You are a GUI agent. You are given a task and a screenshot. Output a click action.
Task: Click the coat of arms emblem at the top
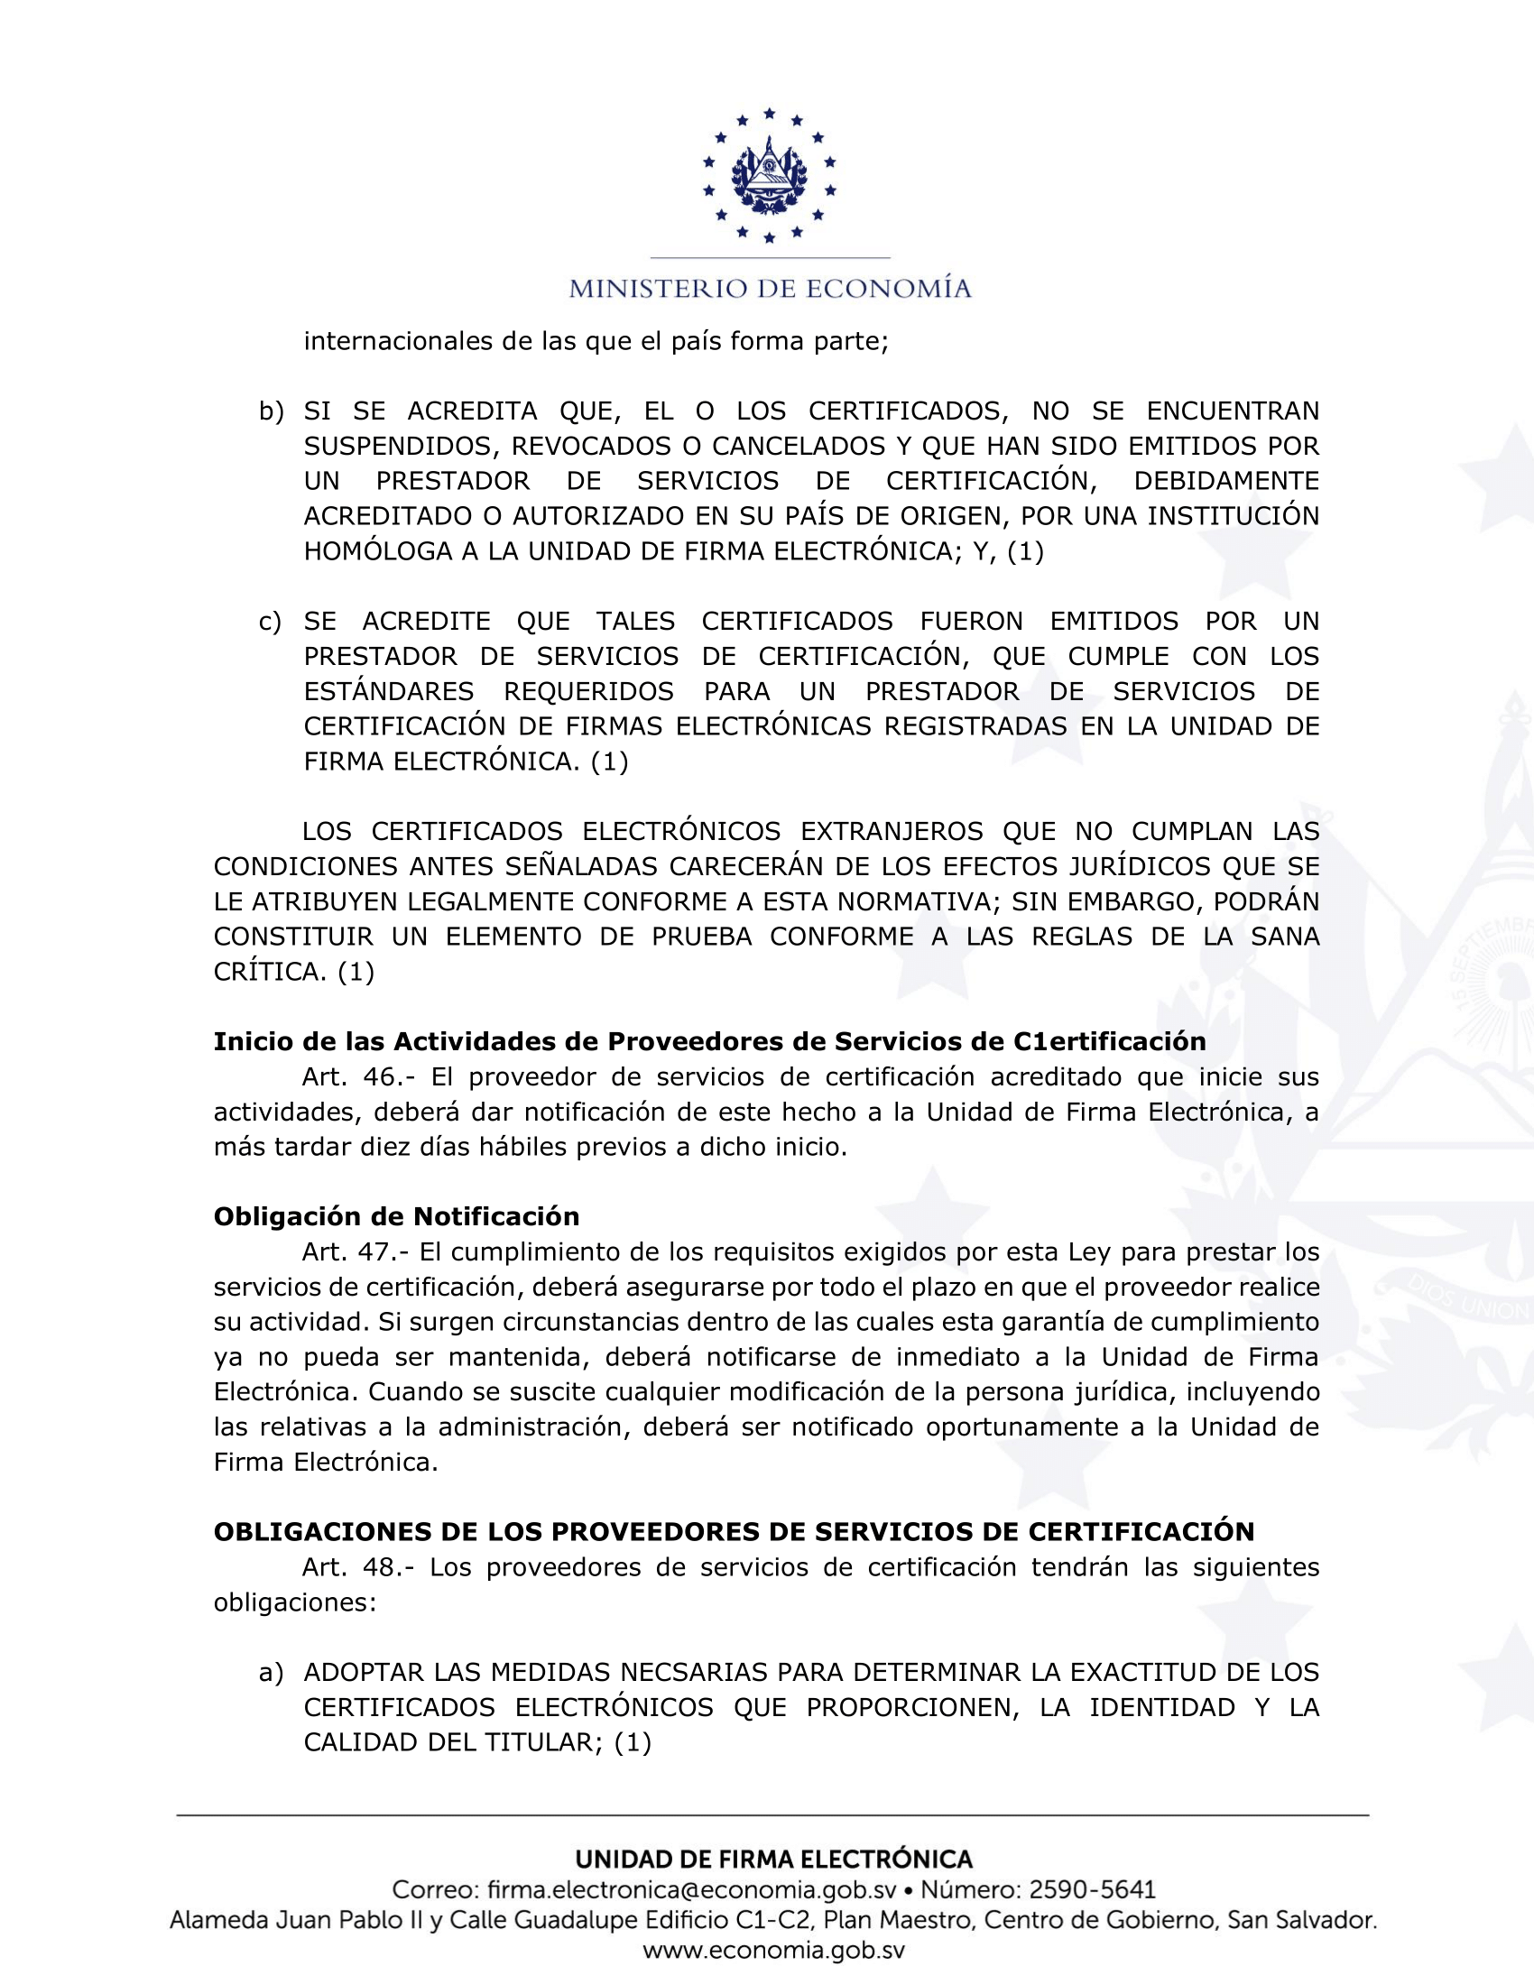769,175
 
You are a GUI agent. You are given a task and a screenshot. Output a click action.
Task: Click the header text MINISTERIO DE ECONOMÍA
770,289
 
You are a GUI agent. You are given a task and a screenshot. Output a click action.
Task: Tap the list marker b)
271,411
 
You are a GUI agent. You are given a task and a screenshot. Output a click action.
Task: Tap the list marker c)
270,622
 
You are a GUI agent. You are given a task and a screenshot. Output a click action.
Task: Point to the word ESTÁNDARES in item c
388,692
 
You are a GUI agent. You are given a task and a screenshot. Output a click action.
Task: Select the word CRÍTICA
269,973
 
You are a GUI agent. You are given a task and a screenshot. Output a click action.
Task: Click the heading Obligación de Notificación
396,1217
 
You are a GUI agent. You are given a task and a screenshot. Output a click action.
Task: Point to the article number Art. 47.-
356,1252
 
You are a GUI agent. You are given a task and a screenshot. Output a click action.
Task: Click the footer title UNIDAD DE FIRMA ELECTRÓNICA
773,1860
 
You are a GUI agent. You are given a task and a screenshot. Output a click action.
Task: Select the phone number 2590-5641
1092,1890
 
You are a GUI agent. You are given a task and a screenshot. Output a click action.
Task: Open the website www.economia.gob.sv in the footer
773,1951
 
